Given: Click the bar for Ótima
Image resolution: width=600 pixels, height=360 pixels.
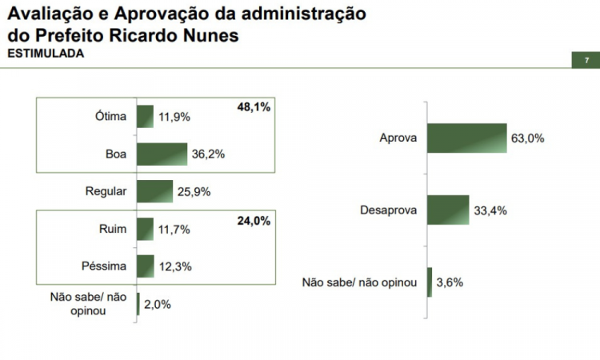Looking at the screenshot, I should (145, 117).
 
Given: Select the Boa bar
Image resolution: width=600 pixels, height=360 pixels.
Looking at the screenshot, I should (162, 154).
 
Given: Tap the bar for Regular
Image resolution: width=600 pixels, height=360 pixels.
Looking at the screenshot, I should (154, 191).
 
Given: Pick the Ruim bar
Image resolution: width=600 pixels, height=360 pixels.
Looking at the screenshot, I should (145, 229).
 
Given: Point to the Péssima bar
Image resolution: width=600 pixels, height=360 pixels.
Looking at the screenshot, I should (146, 266).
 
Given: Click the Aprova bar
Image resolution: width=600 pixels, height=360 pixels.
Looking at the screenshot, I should (466, 138).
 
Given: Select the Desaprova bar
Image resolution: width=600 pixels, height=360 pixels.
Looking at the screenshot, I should (448, 210).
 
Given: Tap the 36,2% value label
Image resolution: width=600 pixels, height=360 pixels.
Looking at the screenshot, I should (207, 154).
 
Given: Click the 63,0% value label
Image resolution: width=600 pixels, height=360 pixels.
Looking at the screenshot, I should (527, 138).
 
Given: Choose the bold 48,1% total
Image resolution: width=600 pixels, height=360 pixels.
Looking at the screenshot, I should (254, 106).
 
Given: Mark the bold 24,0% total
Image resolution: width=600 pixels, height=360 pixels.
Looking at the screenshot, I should (254, 221).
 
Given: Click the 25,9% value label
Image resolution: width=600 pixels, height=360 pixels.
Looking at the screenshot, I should (193, 191).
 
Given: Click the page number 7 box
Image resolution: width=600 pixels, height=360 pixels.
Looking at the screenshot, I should (586, 61).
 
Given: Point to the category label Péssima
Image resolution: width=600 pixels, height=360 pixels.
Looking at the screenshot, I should (104, 266).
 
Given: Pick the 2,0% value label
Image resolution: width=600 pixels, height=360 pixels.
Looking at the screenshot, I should (157, 303).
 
